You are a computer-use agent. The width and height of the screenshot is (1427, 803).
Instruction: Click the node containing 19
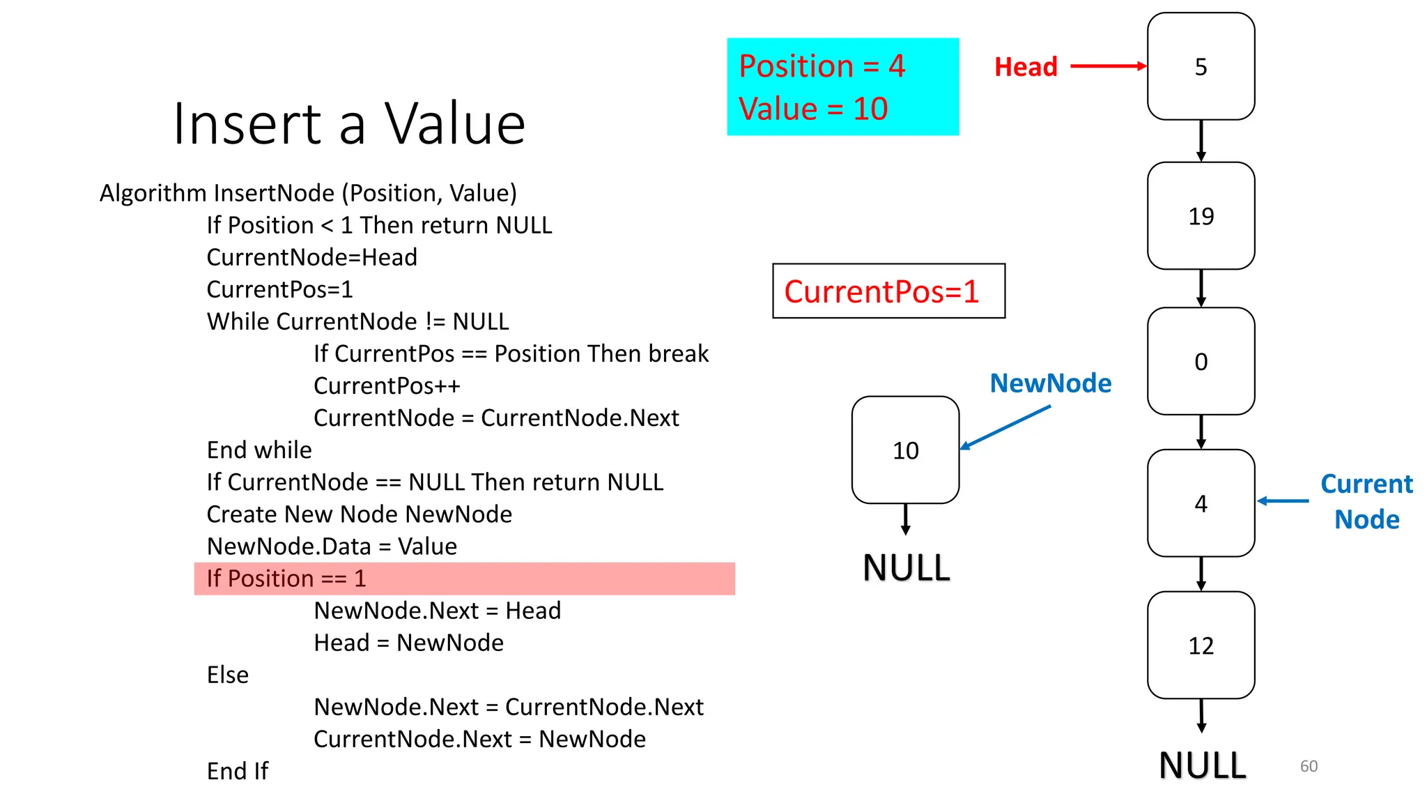click(1201, 216)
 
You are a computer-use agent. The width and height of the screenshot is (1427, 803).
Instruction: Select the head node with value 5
click(1201, 67)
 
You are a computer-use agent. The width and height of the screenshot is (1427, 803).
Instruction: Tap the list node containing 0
click(1201, 361)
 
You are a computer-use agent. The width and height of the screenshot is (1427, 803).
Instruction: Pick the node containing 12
click(1201, 645)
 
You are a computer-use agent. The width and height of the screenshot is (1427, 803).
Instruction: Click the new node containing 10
click(905, 450)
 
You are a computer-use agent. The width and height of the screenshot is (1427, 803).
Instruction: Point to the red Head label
click(1026, 67)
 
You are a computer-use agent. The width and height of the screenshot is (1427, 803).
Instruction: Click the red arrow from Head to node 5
click(1108, 66)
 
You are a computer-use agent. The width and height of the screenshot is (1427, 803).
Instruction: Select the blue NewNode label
click(1050, 383)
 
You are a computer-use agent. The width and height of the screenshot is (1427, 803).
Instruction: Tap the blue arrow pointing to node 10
click(1005, 427)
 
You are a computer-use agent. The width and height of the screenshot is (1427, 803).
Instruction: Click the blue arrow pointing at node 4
click(1283, 500)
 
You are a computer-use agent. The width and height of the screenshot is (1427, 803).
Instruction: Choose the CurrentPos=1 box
click(888, 291)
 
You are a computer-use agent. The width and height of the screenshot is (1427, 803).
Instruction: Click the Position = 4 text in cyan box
click(822, 66)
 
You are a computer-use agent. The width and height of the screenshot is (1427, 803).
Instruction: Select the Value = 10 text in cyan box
click(813, 109)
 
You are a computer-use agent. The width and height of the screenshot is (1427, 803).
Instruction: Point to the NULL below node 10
click(906, 567)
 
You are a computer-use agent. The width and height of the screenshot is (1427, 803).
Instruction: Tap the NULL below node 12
click(1202, 765)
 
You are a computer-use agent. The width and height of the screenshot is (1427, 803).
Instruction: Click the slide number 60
click(1309, 766)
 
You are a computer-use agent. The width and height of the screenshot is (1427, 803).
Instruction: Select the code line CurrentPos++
click(387, 385)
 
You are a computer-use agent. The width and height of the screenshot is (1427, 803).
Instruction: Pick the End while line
click(259, 450)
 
